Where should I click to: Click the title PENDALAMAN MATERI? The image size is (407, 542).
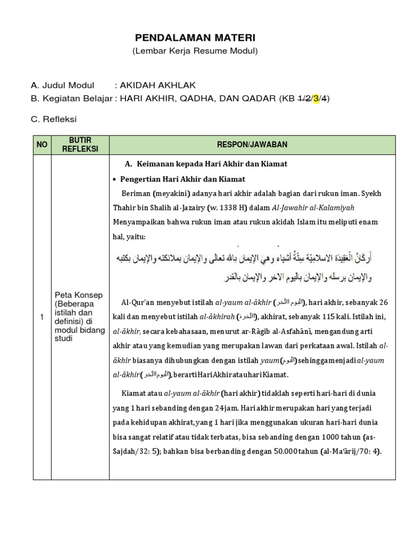(x=195, y=38)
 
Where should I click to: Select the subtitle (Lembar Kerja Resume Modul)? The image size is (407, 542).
(x=195, y=51)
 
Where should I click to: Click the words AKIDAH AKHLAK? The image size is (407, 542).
(x=154, y=85)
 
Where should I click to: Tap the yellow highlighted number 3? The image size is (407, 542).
(x=316, y=98)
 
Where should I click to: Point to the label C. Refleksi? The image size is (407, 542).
(x=54, y=120)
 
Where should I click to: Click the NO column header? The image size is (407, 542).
(x=42, y=144)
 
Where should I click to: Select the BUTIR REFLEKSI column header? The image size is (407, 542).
(x=80, y=144)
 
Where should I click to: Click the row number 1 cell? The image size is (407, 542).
(x=42, y=317)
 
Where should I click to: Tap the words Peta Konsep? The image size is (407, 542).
(x=79, y=294)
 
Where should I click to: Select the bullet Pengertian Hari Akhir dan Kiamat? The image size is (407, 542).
(x=182, y=179)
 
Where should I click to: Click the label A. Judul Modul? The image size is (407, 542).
(x=63, y=85)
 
